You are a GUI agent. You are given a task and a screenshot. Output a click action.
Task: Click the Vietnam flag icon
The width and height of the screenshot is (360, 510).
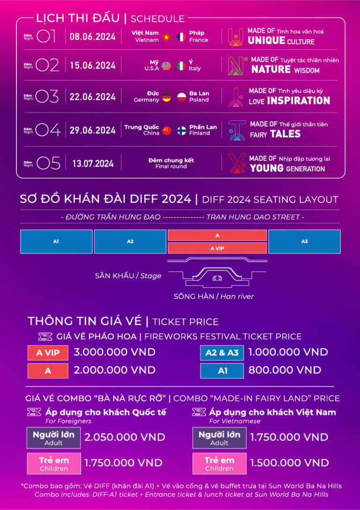[x=166, y=37]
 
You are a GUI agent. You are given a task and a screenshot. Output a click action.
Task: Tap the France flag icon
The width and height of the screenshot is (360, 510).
[x=181, y=37]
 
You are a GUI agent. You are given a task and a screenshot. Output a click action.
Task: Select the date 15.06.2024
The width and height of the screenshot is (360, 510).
[x=93, y=66]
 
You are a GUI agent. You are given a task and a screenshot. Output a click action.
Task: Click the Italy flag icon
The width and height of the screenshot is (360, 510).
[x=181, y=66]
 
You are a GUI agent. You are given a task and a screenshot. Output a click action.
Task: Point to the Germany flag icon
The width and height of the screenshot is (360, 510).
[x=166, y=97]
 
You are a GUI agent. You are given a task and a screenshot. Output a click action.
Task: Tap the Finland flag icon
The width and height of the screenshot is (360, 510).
[x=181, y=131]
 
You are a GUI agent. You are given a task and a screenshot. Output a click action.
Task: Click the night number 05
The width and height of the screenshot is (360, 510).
[x=48, y=163]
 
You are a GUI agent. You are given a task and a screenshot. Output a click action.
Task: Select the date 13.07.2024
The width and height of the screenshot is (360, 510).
[x=93, y=163]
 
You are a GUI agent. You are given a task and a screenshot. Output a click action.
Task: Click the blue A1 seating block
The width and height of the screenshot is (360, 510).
[x=56, y=242]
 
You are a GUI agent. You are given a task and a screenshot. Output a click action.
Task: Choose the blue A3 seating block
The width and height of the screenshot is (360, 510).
[x=304, y=242]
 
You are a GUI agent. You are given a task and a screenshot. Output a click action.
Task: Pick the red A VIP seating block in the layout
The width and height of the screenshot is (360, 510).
[x=217, y=248]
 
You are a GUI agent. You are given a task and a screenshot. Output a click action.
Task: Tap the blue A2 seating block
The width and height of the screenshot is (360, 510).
[x=130, y=242]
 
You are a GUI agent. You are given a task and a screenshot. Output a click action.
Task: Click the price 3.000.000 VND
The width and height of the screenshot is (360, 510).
[x=114, y=352]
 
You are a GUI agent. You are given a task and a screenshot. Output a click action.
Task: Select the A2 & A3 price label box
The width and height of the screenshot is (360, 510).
[x=222, y=353]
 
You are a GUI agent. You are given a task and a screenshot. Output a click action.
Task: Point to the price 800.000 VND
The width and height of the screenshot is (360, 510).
[x=285, y=370]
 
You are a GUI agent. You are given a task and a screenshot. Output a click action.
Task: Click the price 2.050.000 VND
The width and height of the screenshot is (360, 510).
[x=125, y=437]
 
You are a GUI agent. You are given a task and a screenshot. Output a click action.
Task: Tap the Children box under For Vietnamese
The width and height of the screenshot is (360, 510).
[x=219, y=464]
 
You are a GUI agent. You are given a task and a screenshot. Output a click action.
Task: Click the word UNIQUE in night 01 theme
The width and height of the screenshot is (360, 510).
[x=266, y=41]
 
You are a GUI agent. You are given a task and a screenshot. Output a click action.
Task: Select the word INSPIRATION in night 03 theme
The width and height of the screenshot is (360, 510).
[x=299, y=101]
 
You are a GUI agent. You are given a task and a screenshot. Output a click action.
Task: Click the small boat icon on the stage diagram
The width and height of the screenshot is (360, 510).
[x=217, y=278]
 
